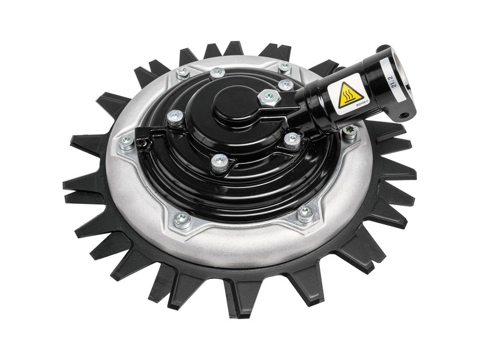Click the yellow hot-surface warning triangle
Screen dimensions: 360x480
click(350, 94)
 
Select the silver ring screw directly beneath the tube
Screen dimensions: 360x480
click(350, 130)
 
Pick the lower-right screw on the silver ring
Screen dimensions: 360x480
click(305, 211)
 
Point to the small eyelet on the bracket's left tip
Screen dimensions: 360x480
click(141, 142)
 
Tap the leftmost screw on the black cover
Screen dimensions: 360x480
click(175, 116)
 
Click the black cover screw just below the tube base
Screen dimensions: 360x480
click(292, 139)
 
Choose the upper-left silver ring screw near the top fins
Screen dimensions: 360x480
click(183, 71)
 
